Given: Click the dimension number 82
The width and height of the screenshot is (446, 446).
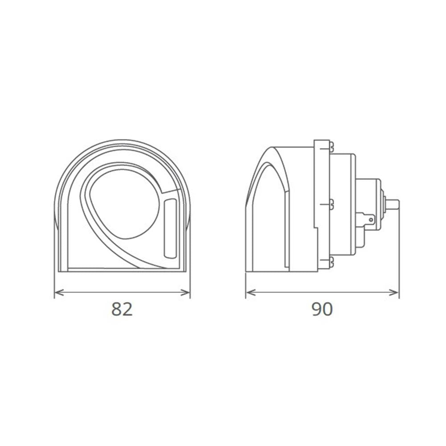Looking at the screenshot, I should [x=122, y=309].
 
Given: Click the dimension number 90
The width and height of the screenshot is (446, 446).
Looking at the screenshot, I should [x=322, y=309].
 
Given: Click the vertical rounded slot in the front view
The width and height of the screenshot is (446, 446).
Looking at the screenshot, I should [x=170, y=228].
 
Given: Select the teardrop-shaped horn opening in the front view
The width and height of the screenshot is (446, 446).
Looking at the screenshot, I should [x=126, y=203].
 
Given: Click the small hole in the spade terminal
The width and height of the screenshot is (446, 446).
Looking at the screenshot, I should [x=370, y=219].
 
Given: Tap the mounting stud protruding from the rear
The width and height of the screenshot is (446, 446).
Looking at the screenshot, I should [x=392, y=204].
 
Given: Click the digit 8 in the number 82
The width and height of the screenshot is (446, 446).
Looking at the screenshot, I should [x=116, y=309].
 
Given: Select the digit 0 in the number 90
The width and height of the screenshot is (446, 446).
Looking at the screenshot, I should [x=328, y=309].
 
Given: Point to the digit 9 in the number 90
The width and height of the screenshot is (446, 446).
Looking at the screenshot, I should [x=316, y=309].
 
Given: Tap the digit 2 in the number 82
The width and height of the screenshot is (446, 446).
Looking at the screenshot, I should [x=128, y=309].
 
